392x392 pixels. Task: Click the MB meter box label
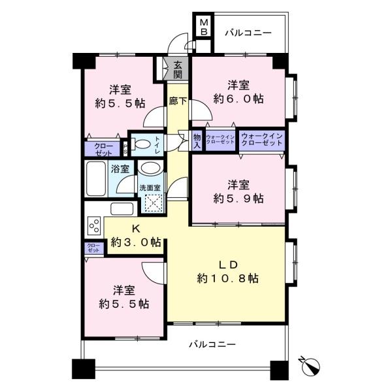(204, 27)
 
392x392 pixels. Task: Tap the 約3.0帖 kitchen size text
(136, 242)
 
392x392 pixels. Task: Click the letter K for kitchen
(137, 229)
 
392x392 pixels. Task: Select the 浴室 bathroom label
(120, 169)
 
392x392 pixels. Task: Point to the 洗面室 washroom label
(147, 189)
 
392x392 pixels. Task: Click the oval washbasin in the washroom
(149, 169)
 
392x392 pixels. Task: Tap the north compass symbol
(312, 364)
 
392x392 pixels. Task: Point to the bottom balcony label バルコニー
(213, 344)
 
